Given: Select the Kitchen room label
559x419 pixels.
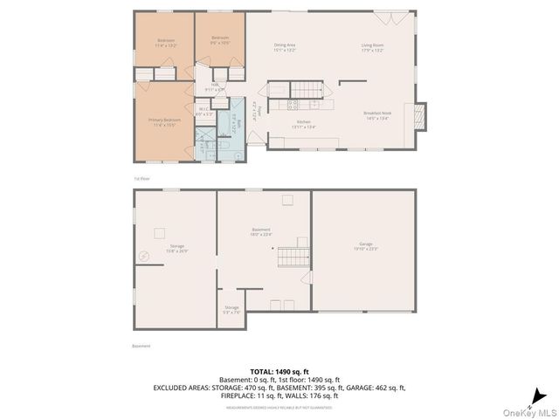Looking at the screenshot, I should pos(304,124).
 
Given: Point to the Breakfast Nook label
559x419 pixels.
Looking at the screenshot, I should pos(376,115).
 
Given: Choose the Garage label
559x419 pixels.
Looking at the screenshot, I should pos(365,246).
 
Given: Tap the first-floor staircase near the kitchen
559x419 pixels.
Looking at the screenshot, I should pos(307,89).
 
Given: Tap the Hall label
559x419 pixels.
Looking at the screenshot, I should pos(214,87).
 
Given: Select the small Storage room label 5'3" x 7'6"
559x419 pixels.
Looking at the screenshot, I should pos(231,309).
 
